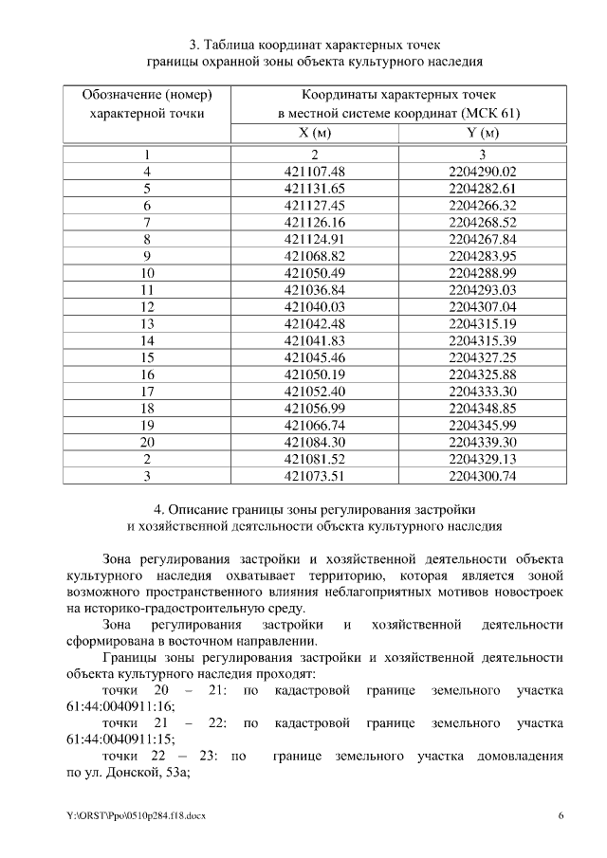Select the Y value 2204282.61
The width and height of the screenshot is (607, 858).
tap(482, 189)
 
